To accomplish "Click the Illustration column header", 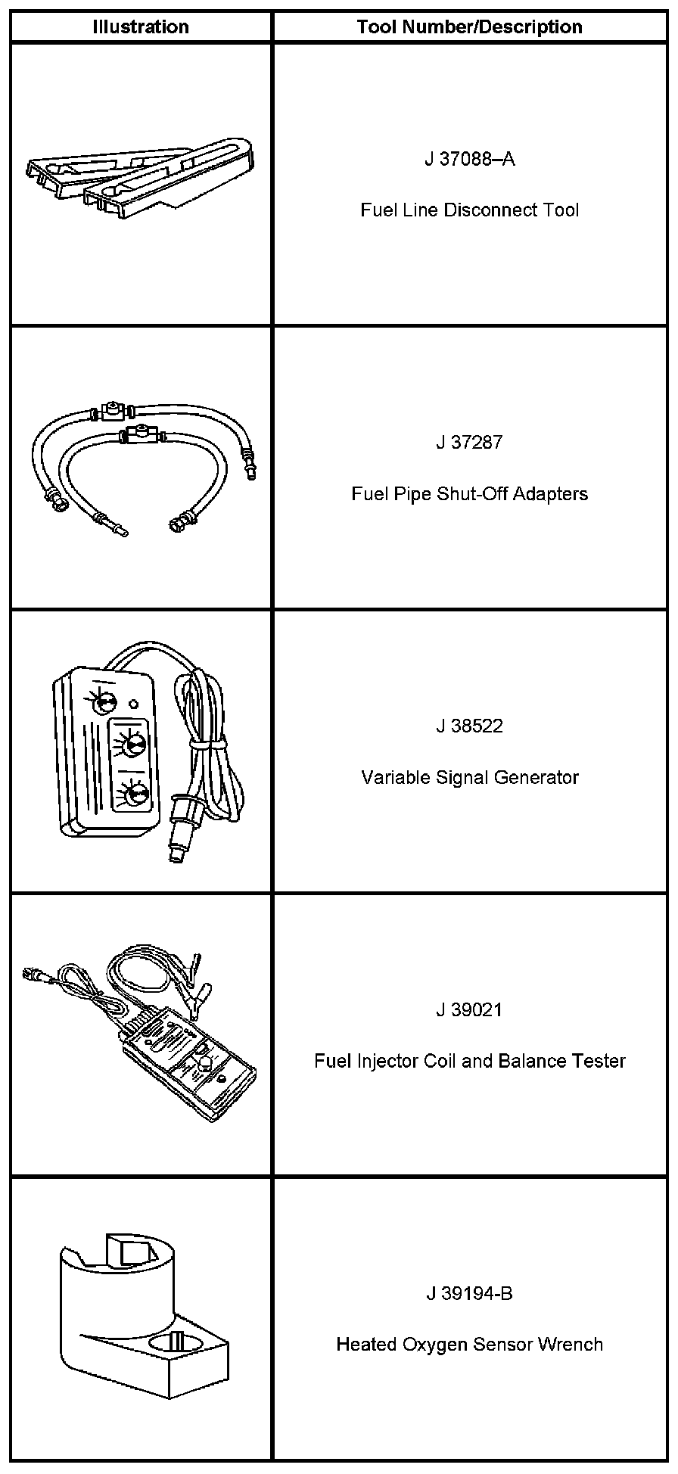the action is click(141, 27).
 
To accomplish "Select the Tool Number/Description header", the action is click(469, 27).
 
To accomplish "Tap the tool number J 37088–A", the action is click(469, 159).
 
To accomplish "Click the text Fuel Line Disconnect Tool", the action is click(469, 210).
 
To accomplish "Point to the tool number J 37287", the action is click(469, 443).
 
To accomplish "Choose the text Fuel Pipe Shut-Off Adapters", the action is click(469, 494).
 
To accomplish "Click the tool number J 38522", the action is click(469, 726).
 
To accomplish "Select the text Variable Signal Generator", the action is click(469, 777).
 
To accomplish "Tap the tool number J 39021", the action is click(469, 1010).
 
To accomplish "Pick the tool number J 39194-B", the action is click(469, 1294).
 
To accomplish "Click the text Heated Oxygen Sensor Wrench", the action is click(469, 1345).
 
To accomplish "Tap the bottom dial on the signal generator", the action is click(137, 795).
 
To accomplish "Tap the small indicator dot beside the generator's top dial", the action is click(134, 704).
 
